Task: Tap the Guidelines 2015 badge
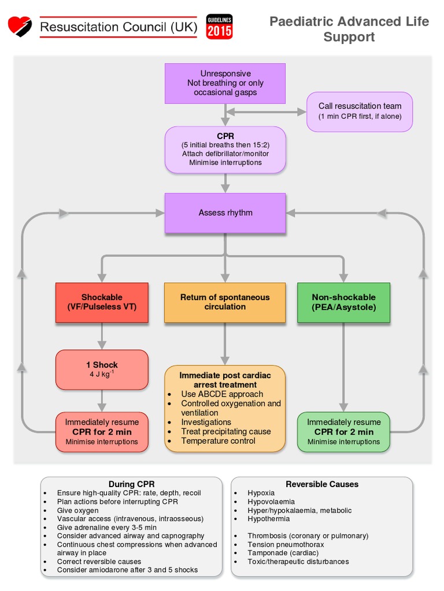(219, 27)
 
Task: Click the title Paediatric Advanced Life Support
(349, 29)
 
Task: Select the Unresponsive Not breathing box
(225, 83)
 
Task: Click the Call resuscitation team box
(360, 111)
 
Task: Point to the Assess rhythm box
(225, 212)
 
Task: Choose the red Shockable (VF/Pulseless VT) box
(102, 302)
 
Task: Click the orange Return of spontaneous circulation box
(225, 302)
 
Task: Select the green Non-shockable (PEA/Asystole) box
(343, 302)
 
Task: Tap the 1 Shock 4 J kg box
(102, 369)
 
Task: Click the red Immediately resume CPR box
(102, 432)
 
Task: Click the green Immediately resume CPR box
(343, 432)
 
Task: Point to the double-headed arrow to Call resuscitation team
(265, 111)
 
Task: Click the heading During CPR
(131, 484)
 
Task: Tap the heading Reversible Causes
(322, 484)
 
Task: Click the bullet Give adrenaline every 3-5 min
(106, 528)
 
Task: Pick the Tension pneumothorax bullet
(286, 544)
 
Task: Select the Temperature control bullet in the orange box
(218, 441)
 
